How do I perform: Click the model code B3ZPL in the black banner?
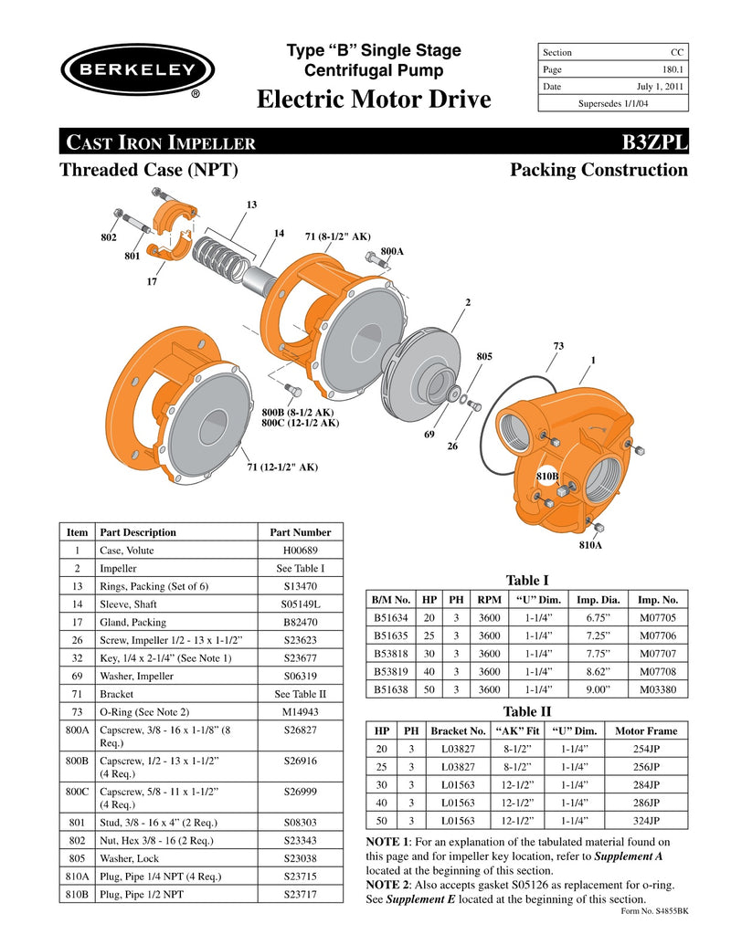654,142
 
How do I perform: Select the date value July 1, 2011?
661,87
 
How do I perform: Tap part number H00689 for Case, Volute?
301,550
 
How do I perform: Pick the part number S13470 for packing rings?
301,586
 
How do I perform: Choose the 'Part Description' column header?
138,532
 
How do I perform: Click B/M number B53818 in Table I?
390,654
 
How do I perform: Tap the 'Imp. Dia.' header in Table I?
599,600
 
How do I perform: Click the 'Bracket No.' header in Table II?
458,731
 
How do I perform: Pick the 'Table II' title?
527,711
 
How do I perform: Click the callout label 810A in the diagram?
591,545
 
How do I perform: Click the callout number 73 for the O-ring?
559,346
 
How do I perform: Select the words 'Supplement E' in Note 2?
421,899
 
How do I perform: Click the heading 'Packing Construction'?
599,170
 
